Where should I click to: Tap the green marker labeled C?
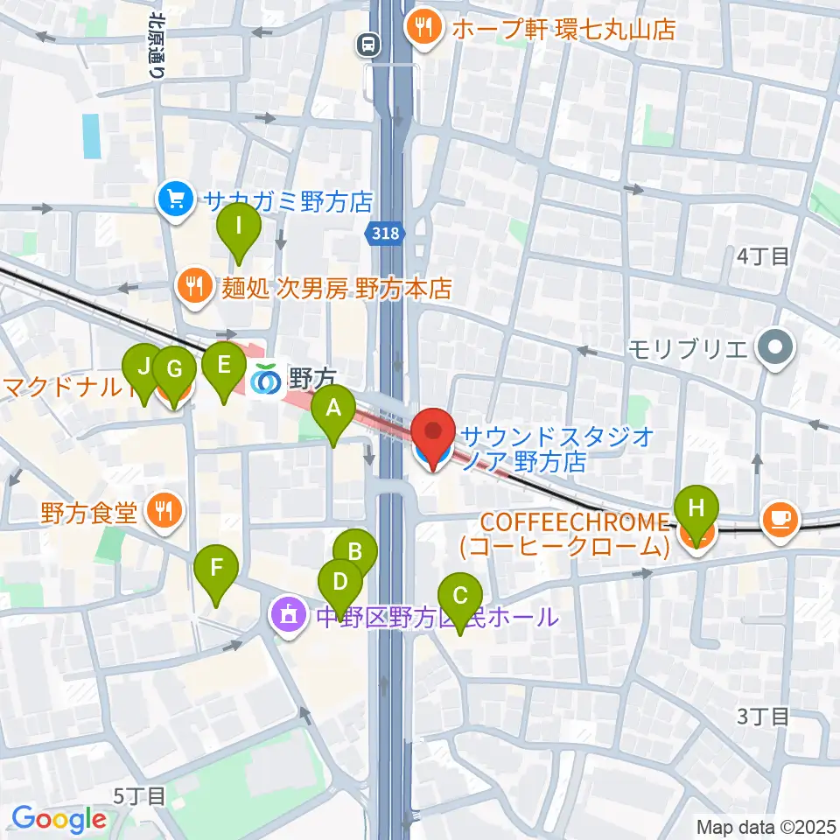(x=458, y=599)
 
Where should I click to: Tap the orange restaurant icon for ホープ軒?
(x=424, y=28)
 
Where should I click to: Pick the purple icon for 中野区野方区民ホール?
(x=289, y=616)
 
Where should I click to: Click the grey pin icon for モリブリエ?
(x=775, y=349)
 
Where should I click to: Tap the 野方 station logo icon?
(x=266, y=379)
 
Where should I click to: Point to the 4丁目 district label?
(x=763, y=256)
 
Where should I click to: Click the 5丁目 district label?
(x=139, y=795)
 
